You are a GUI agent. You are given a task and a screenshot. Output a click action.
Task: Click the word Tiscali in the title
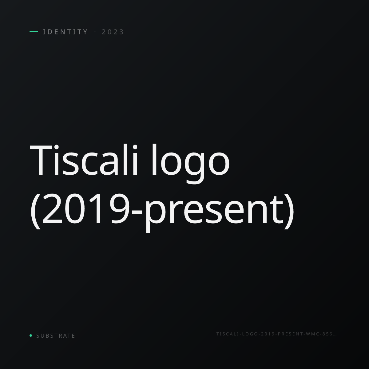[x=84, y=160]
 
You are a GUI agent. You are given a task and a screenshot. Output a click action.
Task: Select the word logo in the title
[x=190, y=164]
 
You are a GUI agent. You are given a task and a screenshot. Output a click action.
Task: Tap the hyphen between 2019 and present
[x=137, y=212]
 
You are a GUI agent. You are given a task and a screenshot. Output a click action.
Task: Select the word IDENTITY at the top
[x=65, y=32]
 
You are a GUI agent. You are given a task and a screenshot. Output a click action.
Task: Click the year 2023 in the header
[x=113, y=32]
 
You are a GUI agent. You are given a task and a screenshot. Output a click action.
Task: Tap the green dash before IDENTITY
[x=34, y=32]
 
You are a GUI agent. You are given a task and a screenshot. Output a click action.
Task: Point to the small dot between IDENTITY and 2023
[x=95, y=32]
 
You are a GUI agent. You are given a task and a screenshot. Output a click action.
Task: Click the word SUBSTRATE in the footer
[x=56, y=336]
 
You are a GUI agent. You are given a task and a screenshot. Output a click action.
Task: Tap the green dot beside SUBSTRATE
[x=31, y=335]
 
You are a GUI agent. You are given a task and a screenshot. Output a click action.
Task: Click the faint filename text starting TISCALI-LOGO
[x=276, y=334]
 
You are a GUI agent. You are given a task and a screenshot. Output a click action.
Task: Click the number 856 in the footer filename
[x=327, y=334]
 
